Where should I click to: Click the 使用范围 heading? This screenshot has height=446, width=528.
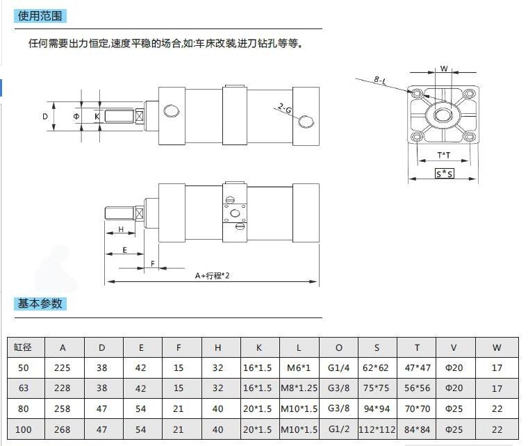(40, 16)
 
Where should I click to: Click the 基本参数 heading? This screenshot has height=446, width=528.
(40, 304)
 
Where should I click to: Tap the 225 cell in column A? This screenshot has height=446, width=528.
(63, 367)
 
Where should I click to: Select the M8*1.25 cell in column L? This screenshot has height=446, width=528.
(299, 388)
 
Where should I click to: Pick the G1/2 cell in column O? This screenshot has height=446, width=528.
(339, 429)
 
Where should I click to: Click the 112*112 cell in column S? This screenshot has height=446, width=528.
(377, 429)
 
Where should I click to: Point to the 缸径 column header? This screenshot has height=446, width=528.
(22, 347)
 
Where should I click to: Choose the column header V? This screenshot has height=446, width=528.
(454, 348)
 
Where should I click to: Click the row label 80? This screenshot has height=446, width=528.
(23, 408)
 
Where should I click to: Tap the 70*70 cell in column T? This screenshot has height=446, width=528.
(418, 408)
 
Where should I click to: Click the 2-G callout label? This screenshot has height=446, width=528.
(285, 108)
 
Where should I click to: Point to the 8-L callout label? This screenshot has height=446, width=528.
(380, 80)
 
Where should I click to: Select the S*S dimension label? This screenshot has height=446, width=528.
(444, 174)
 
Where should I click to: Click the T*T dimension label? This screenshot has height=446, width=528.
(443, 155)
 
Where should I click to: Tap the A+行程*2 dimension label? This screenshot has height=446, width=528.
(212, 276)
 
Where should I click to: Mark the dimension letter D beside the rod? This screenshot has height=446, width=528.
(45, 117)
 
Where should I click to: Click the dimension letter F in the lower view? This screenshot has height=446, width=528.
(153, 263)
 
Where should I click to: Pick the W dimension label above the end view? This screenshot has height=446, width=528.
(444, 69)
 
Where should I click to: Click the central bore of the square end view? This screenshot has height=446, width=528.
(441, 115)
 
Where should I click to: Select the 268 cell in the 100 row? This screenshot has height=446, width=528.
(63, 429)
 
